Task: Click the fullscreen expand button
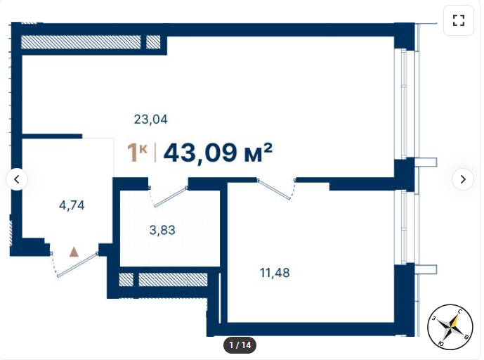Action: [x=459, y=20]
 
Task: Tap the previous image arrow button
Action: [x=17, y=179]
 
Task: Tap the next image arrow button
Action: [x=463, y=179]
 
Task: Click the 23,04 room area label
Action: [x=150, y=120]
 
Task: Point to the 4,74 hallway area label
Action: [x=72, y=205]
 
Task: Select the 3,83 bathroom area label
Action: [x=162, y=230]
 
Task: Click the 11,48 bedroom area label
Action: [x=275, y=273]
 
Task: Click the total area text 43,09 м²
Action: [x=218, y=153]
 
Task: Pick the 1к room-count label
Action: [x=137, y=153]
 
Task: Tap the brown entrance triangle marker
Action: [x=74, y=252]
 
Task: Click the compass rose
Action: [x=450, y=327]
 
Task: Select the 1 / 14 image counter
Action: [x=240, y=345]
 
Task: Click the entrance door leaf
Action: [x=78, y=265]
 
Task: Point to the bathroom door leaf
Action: [x=171, y=197]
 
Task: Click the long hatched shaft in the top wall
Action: [x=81, y=42]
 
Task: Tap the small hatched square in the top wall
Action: [x=153, y=42]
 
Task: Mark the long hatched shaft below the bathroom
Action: [x=173, y=280]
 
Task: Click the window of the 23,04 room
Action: [x=405, y=105]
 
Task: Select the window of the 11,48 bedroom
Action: [x=405, y=227]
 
